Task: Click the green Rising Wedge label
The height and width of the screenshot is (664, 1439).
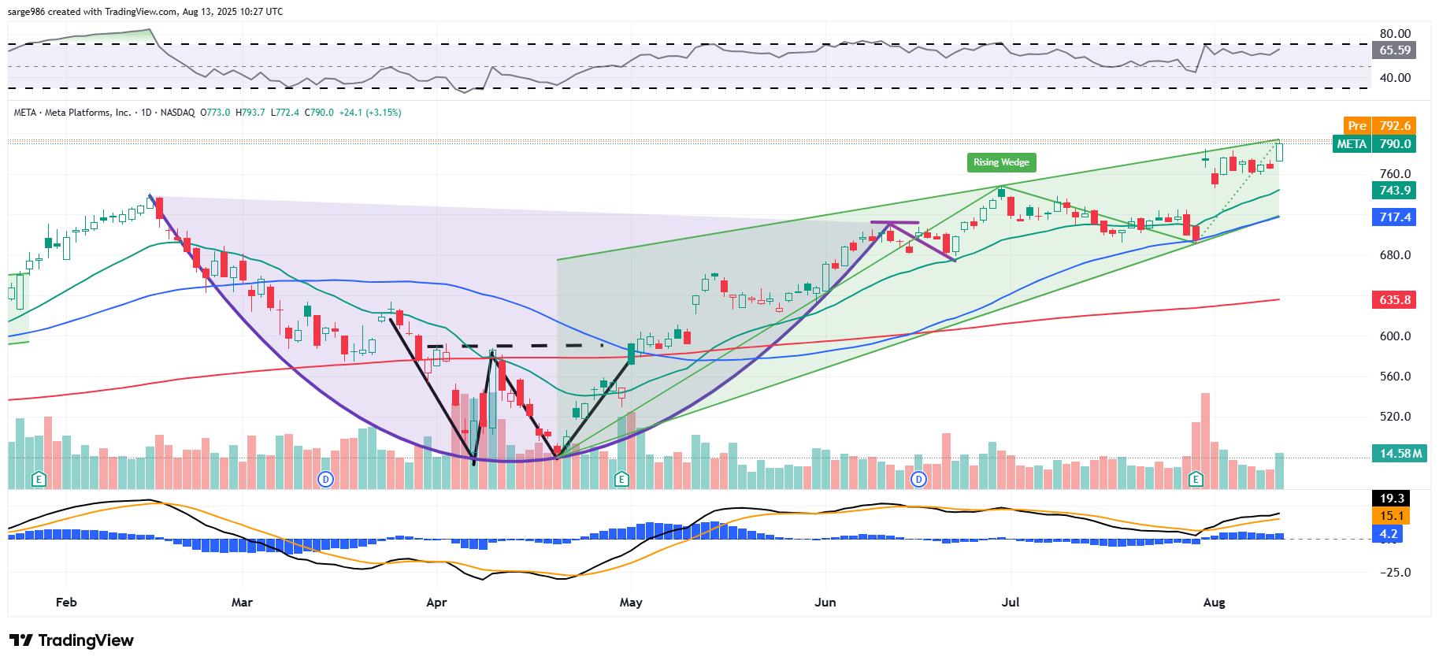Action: [x=1001, y=162]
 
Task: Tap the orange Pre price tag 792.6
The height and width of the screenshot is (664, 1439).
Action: [x=1379, y=126]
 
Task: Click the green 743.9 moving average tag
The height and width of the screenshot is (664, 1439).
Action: [x=1395, y=191]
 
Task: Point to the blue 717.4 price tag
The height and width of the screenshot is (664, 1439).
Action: [x=1395, y=217]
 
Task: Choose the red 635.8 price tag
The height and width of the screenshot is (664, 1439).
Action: [x=1395, y=300]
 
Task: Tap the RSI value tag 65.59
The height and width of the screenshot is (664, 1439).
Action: [x=1395, y=50]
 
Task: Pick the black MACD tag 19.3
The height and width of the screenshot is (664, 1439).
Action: [x=1392, y=499]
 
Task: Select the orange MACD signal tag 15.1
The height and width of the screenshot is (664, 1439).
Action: [x=1392, y=516]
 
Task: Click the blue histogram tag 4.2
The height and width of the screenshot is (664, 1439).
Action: [x=1389, y=534]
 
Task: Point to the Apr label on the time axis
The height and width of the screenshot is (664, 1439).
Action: [x=436, y=603]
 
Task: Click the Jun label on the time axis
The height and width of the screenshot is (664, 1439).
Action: [x=825, y=603]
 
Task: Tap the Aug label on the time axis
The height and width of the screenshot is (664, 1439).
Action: [x=1214, y=603]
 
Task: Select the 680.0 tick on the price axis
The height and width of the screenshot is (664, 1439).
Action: [x=1395, y=255]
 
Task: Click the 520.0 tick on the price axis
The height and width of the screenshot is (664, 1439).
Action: [x=1395, y=417]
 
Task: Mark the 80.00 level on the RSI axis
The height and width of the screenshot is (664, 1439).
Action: [x=1395, y=34]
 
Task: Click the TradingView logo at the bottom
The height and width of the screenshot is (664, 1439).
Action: [x=72, y=640]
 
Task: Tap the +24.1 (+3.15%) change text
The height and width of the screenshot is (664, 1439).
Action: [x=370, y=113]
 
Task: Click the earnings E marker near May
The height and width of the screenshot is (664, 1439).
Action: [x=621, y=479]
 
